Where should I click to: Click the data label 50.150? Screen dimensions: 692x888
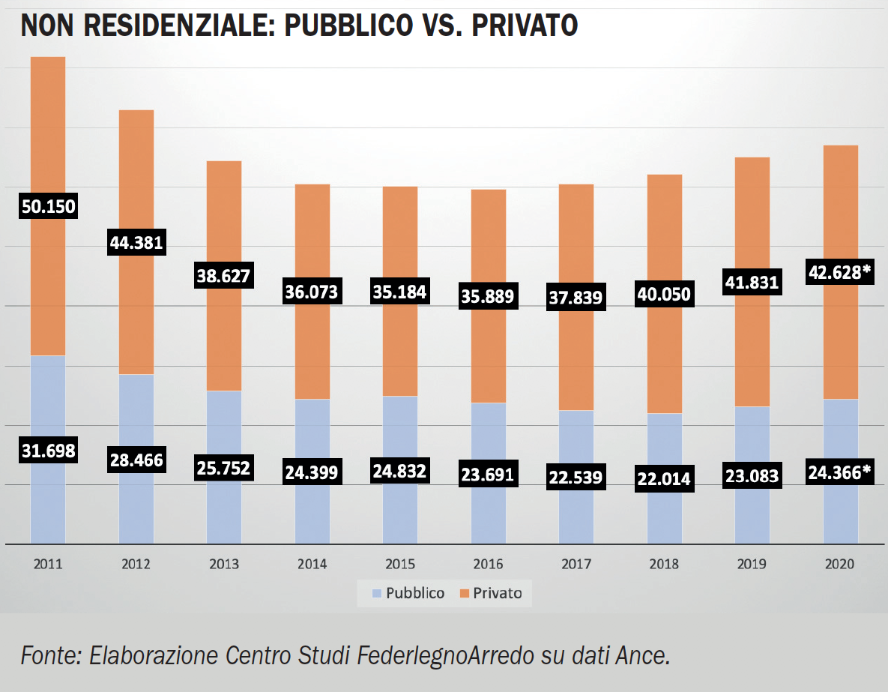47,206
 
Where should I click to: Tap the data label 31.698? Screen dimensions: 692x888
47,451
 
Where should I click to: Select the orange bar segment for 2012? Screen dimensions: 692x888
136,172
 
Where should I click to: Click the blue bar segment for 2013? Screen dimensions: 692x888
224,427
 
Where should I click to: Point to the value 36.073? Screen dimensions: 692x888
312,290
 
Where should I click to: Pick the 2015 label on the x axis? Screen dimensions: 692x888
400,564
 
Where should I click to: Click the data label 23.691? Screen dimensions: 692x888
488,474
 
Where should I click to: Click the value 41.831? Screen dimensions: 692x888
752,283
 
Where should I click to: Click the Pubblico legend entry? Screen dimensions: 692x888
408,593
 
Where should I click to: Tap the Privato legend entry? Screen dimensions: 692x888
491,593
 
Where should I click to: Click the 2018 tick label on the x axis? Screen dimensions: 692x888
665,564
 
